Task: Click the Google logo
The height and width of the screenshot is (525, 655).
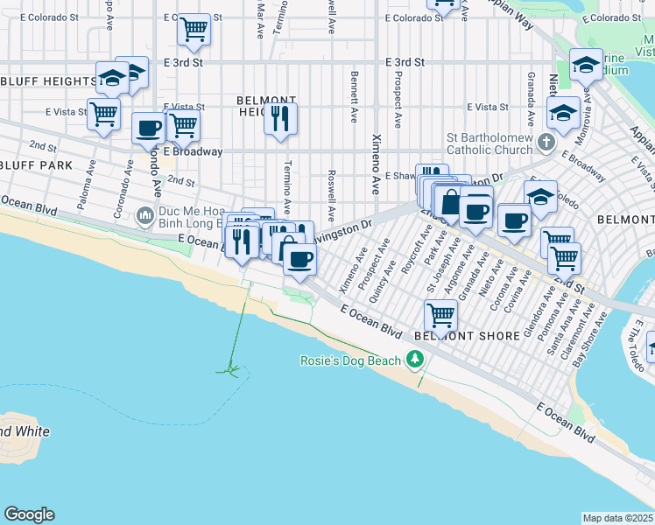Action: [x=29, y=514]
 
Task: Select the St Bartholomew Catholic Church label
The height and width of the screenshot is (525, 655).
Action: [x=489, y=143]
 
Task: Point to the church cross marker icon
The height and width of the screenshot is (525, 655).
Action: [x=546, y=142]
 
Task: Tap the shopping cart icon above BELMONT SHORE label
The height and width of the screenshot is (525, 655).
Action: [x=440, y=314]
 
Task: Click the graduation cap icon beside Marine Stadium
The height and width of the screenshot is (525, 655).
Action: [x=586, y=65]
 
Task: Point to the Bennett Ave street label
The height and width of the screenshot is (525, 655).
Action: [x=355, y=96]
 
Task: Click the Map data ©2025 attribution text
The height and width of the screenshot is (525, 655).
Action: [x=617, y=518]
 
